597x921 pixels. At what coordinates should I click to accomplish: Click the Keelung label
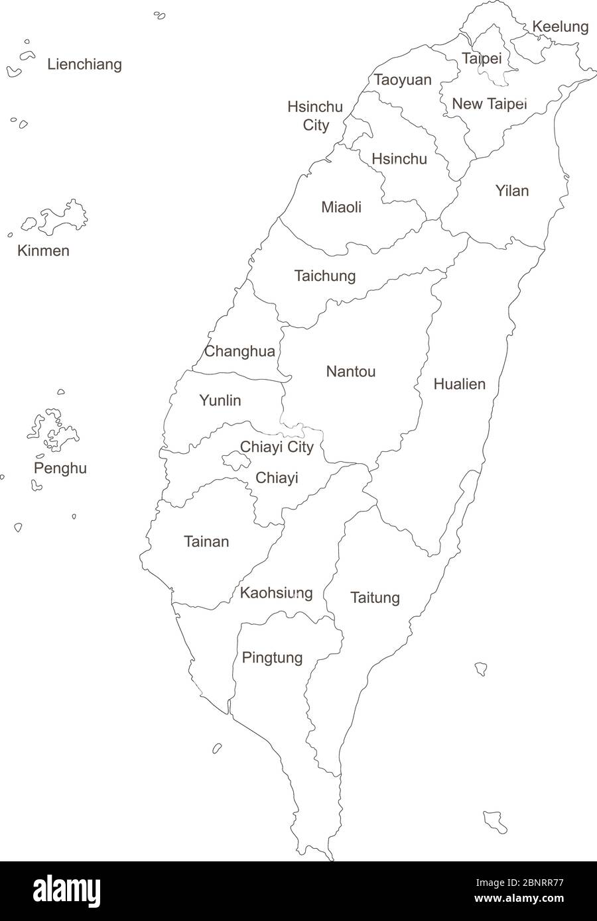click(x=560, y=27)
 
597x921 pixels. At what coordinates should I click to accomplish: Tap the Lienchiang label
click(x=84, y=64)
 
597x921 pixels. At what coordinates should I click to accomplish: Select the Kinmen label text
click(x=43, y=250)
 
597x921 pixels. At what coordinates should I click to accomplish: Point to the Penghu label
click(x=60, y=468)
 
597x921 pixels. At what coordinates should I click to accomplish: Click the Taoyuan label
click(x=403, y=80)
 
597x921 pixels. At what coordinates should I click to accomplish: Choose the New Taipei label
click(x=489, y=104)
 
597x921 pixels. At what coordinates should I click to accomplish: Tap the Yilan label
click(x=512, y=191)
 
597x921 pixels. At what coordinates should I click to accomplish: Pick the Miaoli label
click(x=341, y=207)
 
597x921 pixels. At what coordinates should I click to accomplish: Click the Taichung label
click(x=325, y=276)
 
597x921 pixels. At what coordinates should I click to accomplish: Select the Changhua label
click(x=239, y=351)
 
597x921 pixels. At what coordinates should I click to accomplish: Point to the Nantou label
click(x=350, y=372)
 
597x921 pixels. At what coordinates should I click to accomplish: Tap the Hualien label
click(x=459, y=384)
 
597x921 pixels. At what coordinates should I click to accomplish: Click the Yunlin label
click(x=220, y=400)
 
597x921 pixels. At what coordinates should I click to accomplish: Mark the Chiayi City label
click(x=277, y=447)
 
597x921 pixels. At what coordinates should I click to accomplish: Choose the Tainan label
click(x=206, y=542)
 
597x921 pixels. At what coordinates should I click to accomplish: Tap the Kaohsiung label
click(x=276, y=592)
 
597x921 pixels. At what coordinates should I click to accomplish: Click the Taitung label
click(x=375, y=598)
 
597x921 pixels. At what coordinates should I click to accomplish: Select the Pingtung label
click(x=272, y=658)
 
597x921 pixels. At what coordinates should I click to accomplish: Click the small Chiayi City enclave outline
click(x=232, y=459)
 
